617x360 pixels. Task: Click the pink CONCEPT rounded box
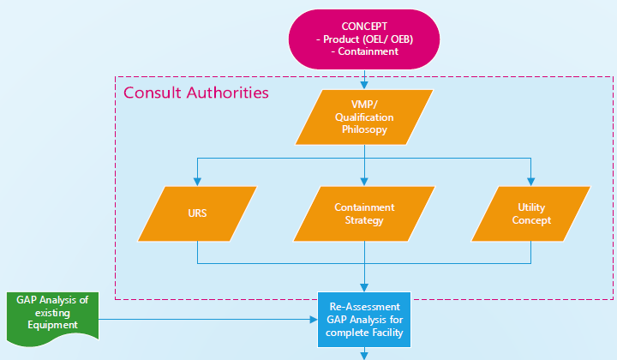[364, 39]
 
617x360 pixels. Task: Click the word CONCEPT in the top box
[365, 26]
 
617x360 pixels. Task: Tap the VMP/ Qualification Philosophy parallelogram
[364, 117]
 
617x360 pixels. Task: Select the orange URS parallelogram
[197, 213]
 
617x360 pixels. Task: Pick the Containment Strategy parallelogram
[364, 213]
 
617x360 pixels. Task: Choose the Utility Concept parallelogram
[532, 213]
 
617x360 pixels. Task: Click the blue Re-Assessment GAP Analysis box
[364, 319]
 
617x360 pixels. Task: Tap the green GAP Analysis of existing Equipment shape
[53, 314]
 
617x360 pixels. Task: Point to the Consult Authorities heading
[196, 92]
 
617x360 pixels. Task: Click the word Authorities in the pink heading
[225, 92]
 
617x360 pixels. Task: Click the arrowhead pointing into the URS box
[197, 182]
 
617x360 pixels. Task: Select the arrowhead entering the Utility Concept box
[532, 182]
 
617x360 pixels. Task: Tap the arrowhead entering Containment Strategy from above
[365, 182]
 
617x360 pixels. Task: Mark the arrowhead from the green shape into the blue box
[313, 320]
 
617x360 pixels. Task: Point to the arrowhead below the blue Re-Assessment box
[365, 353]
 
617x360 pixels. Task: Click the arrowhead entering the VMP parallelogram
[365, 86]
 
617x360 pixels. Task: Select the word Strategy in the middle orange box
[364, 220]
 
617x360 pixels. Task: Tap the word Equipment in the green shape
[53, 325]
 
